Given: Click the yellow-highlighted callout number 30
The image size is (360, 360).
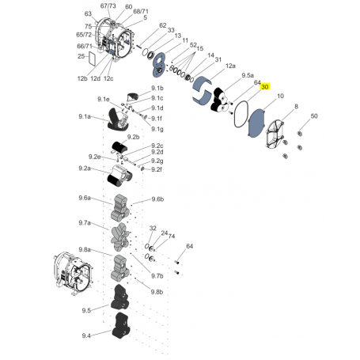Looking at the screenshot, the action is (265, 87).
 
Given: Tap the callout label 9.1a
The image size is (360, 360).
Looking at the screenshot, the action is (85, 116).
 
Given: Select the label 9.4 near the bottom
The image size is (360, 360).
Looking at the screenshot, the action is (86, 335).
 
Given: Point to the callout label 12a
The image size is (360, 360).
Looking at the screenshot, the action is (230, 66).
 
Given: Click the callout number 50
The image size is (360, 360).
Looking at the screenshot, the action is (314, 116).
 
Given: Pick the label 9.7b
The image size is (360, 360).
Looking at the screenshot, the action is (157, 276).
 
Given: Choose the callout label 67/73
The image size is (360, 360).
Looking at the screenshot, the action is (108, 6).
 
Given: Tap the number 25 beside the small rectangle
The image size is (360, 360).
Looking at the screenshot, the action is (81, 56).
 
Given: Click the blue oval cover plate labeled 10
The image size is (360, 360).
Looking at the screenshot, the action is (256, 123).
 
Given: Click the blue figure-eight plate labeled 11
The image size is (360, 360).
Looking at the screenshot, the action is (159, 65).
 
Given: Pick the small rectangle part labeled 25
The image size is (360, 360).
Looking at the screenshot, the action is (92, 59).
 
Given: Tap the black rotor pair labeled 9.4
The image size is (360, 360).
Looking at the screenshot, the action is (121, 325).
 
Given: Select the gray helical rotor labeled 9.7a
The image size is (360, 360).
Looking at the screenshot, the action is (120, 237).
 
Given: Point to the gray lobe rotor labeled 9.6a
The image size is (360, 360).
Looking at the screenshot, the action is (120, 208).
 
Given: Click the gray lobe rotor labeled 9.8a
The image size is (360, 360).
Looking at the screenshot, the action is (120, 268).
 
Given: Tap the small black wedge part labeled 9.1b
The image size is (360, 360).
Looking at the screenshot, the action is (133, 97).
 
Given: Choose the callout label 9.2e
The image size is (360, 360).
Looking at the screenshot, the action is (94, 157).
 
